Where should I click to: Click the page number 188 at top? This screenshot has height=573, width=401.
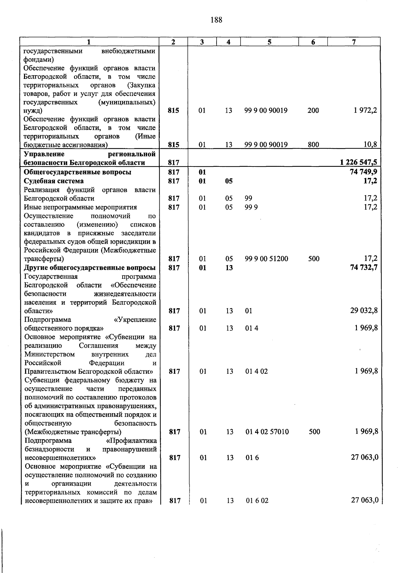tap(216, 20)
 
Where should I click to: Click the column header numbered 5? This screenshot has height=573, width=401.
tap(269, 42)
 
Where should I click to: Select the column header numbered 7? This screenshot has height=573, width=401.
tap(354, 42)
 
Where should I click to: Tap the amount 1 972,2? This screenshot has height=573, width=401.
tap(366, 111)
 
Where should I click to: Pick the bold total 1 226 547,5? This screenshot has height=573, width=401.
tap(359, 163)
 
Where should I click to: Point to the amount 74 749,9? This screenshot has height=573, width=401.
tap(363, 172)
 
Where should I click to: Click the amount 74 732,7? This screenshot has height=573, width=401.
tap(364, 268)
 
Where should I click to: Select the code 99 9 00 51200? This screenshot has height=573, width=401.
tap(266, 259)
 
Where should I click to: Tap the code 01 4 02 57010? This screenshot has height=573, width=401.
tap(267, 432)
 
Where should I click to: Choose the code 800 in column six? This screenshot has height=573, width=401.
tap(313, 145)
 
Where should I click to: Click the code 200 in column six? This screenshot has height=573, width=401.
tap(313, 111)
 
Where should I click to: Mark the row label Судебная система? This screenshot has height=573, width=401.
tap(54, 181)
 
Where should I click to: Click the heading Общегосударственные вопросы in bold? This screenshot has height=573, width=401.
tap(78, 172)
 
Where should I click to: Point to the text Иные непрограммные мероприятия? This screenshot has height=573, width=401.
tap(81, 207)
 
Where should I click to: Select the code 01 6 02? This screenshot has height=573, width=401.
tap(257, 501)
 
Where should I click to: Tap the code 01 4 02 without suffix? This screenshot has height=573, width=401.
tap(256, 371)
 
